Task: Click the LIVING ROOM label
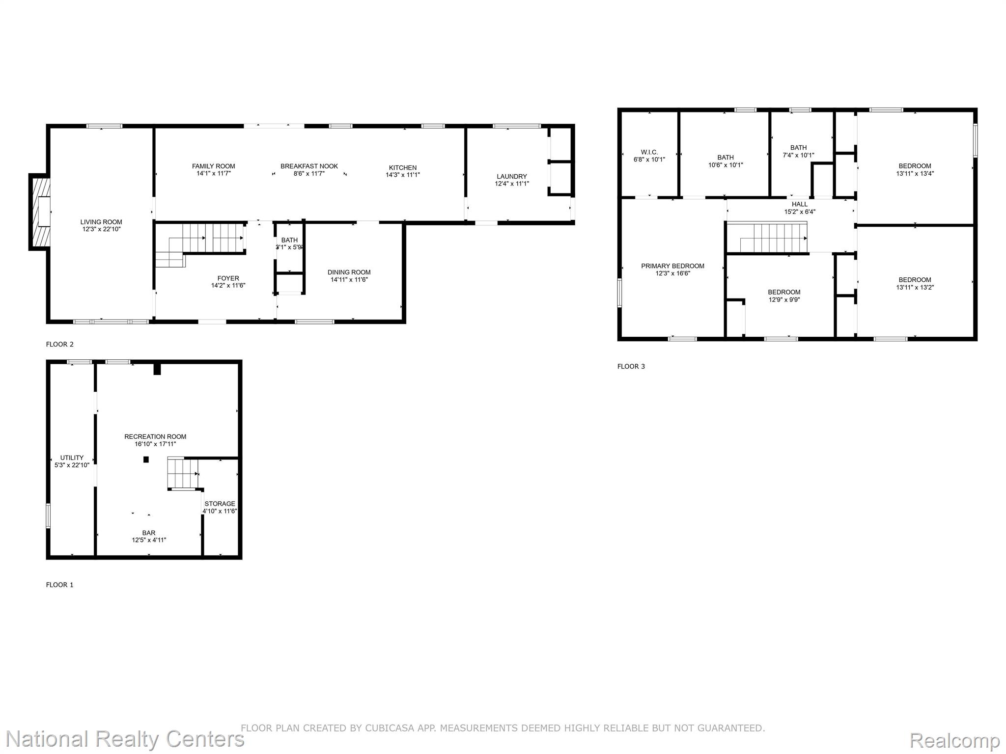pyautogui.click(x=101, y=222)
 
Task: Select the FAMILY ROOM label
pyautogui.click(x=214, y=166)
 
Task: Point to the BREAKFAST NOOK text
pyautogui.click(x=309, y=166)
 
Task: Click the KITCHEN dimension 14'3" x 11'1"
pyautogui.click(x=403, y=175)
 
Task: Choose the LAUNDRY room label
pyautogui.click(x=512, y=176)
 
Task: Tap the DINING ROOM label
pyautogui.click(x=349, y=272)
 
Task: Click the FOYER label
pyautogui.click(x=228, y=278)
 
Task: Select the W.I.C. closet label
pyautogui.click(x=649, y=152)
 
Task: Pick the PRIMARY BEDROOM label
pyautogui.click(x=673, y=266)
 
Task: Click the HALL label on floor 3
pyautogui.click(x=800, y=204)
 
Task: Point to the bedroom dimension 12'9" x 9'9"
pyautogui.click(x=784, y=299)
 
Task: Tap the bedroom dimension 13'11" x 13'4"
pyautogui.click(x=915, y=173)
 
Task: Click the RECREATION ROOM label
pyautogui.click(x=155, y=436)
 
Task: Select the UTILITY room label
pyautogui.click(x=72, y=458)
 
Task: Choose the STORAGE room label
pyautogui.click(x=220, y=504)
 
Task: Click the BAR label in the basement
pyautogui.click(x=149, y=533)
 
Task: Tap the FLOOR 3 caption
pyautogui.click(x=631, y=366)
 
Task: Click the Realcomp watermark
pyautogui.click(x=954, y=740)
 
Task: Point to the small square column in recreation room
pyautogui.click(x=146, y=460)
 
